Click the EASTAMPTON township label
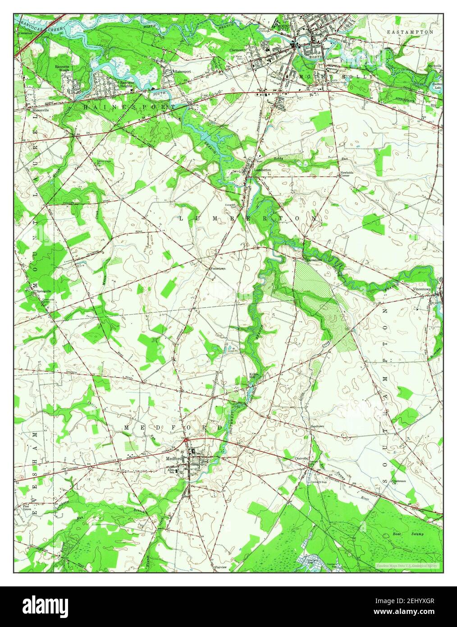(x=410, y=32)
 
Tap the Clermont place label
(x=237, y=50)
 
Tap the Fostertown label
(x=218, y=268)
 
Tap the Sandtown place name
(x=317, y=426)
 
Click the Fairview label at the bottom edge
(x=221, y=567)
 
